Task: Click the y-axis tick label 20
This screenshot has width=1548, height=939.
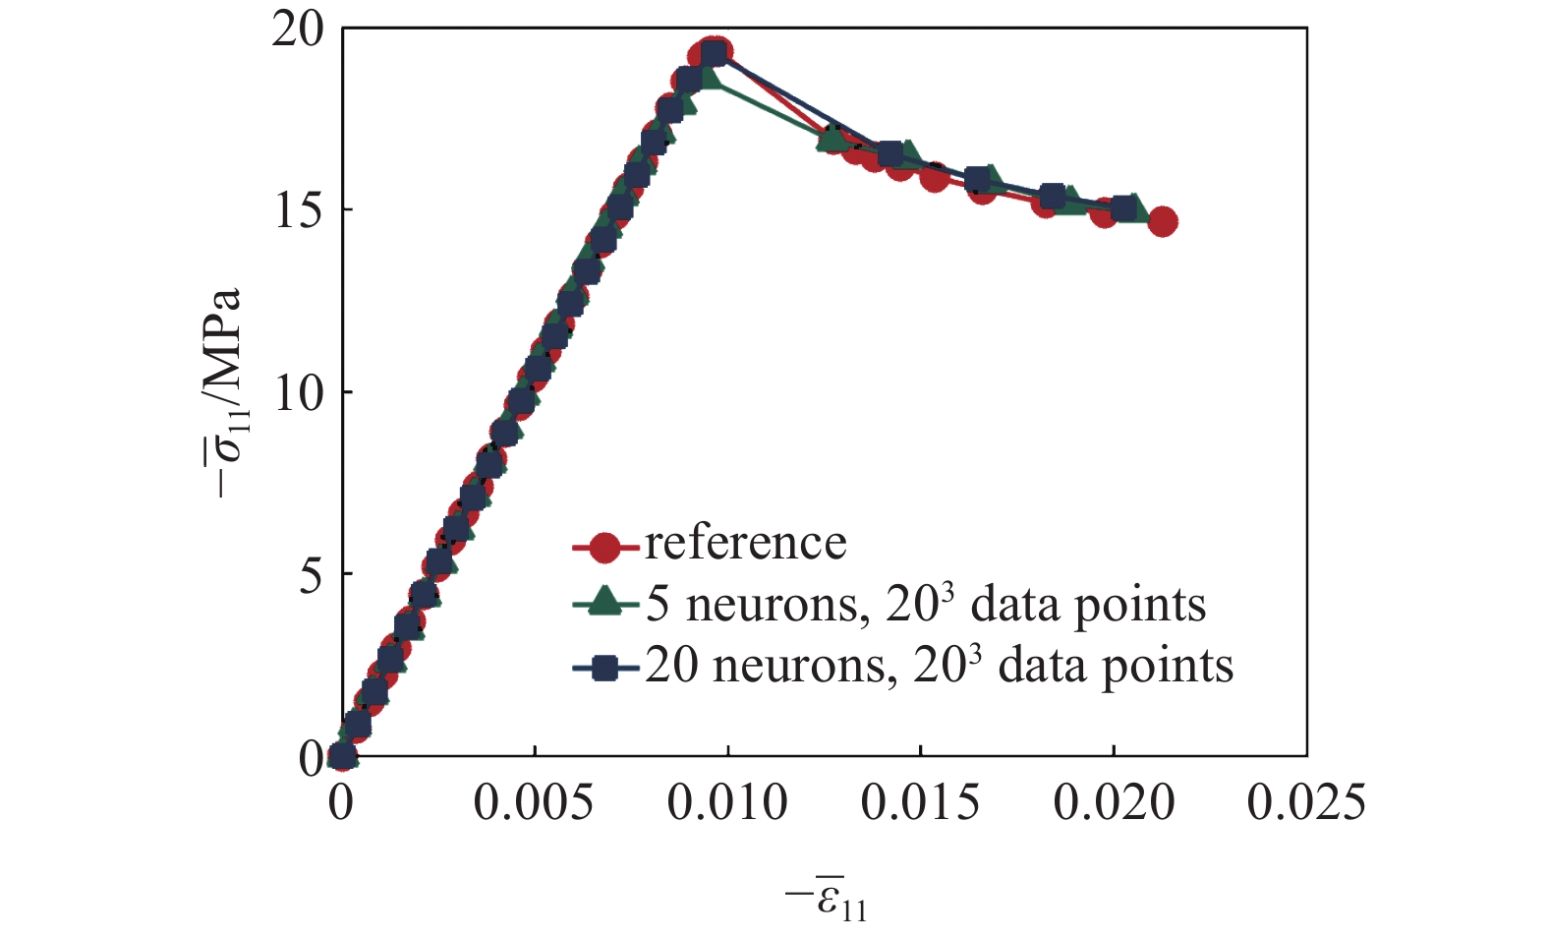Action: [x=298, y=29]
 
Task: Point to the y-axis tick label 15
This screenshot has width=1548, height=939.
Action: [x=298, y=210]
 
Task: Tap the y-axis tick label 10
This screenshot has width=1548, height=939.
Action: [x=298, y=392]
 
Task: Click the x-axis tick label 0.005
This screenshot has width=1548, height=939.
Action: [x=533, y=803]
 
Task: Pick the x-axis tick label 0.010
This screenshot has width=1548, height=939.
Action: [x=726, y=803]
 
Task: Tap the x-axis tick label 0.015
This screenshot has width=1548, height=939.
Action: [x=920, y=803]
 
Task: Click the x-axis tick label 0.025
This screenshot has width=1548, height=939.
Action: [x=1306, y=803]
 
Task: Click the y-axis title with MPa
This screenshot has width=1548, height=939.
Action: [x=229, y=393]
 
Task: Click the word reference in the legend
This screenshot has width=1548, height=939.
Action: [x=745, y=543]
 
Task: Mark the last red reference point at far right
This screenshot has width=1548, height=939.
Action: [x=1162, y=221]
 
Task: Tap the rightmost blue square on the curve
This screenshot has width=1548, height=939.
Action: [x=1123, y=209]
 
